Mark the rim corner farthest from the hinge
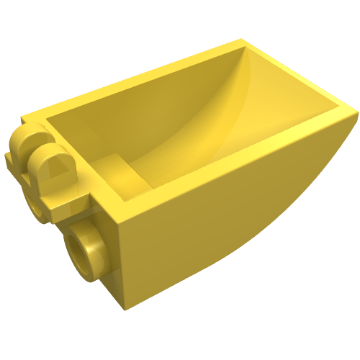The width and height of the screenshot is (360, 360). click(355, 112)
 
